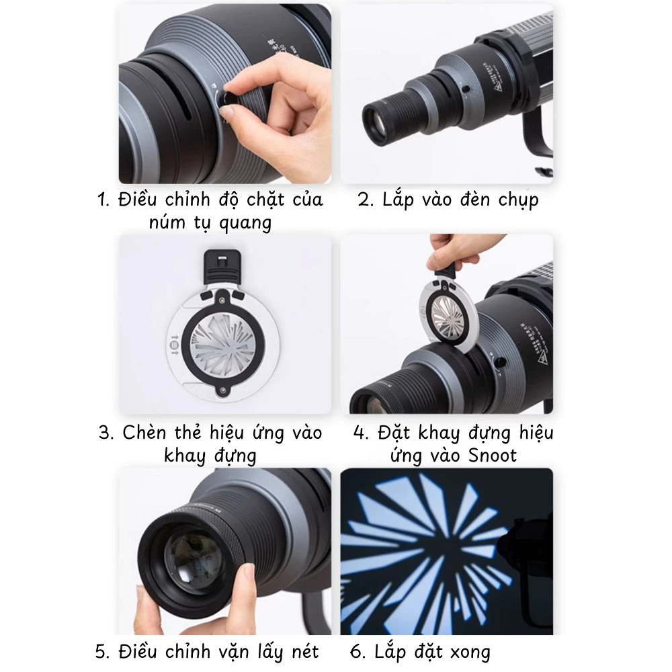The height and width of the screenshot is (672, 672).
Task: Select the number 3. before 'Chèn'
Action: coord(106,433)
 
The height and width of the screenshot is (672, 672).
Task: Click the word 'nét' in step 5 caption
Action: coord(299,651)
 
